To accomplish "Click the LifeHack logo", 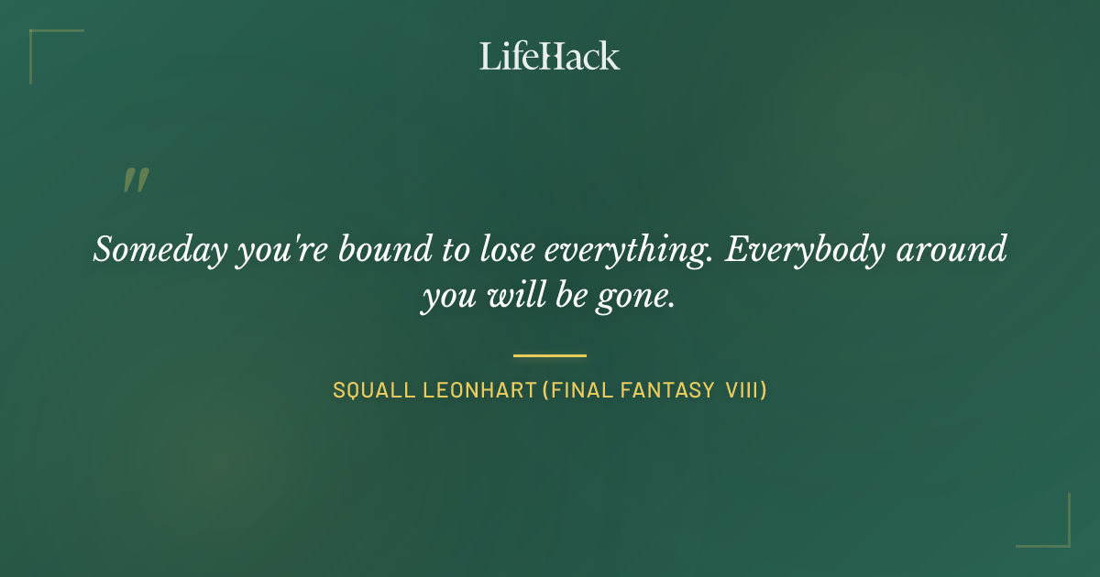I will [550, 56].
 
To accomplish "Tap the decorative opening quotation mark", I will [136, 180].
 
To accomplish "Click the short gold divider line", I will [550, 355].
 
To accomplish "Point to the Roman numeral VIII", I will [742, 391].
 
